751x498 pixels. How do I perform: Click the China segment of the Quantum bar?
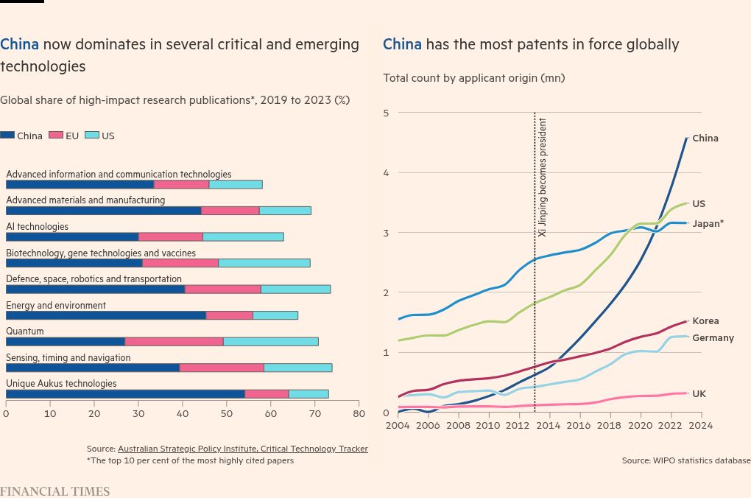click(65, 342)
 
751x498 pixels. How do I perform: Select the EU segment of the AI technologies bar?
click(170, 236)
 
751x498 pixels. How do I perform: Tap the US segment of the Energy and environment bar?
click(275, 315)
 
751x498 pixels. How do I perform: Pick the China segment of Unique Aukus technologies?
click(125, 394)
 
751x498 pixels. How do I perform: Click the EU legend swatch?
click(56, 136)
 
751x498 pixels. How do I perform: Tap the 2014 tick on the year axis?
click(549, 425)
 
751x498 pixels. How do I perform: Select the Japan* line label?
click(708, 223)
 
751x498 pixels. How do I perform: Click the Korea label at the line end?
click(705, 321)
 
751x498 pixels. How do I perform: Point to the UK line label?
click(699, 394)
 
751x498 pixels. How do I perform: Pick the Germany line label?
click(713, 338)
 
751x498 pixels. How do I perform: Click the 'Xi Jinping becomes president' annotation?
click(543, 177)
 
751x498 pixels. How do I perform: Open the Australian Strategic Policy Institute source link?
click(242, 449)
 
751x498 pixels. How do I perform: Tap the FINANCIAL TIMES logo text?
click(54, 491)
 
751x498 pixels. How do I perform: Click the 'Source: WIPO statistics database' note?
click(685, 460)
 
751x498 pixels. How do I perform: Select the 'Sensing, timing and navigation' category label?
click(68, 358)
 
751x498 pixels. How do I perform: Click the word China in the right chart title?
click(402, 45)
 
